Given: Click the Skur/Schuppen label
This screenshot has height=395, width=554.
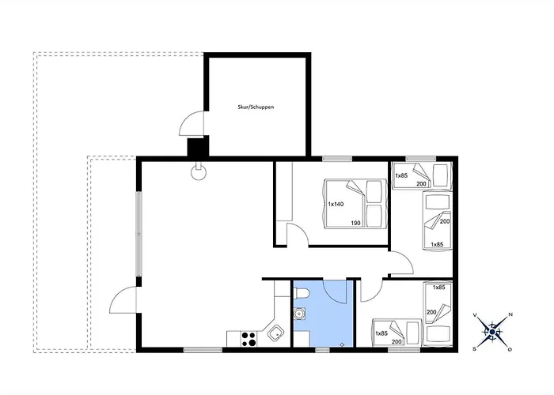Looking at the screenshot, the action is [256, 107].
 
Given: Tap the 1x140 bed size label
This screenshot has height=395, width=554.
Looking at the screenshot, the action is [336, 204].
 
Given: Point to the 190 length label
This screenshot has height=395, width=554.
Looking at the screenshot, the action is [356, 223].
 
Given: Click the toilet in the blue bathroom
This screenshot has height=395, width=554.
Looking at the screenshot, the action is [302, 293].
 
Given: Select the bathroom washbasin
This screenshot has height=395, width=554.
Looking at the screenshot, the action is [300, 313].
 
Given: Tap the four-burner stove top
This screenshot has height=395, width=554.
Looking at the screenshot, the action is [249, 339].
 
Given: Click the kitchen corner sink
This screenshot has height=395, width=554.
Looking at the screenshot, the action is [275, 333].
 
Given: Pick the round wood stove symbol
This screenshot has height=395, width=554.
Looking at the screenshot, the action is [198, 172].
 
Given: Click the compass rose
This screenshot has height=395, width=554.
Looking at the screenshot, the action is [492, 332].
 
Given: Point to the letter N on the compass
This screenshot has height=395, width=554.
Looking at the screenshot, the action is [510, 314].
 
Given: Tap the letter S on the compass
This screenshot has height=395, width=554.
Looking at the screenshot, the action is [475, 349].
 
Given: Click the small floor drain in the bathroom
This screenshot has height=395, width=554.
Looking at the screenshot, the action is [342, 344].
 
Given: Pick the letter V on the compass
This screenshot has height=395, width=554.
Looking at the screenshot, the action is [475, 314].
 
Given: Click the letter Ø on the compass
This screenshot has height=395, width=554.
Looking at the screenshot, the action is [510, 349].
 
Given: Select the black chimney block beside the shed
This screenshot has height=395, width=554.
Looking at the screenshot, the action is [198, 147].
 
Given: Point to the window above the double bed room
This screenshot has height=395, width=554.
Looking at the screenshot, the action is [337, 159].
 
